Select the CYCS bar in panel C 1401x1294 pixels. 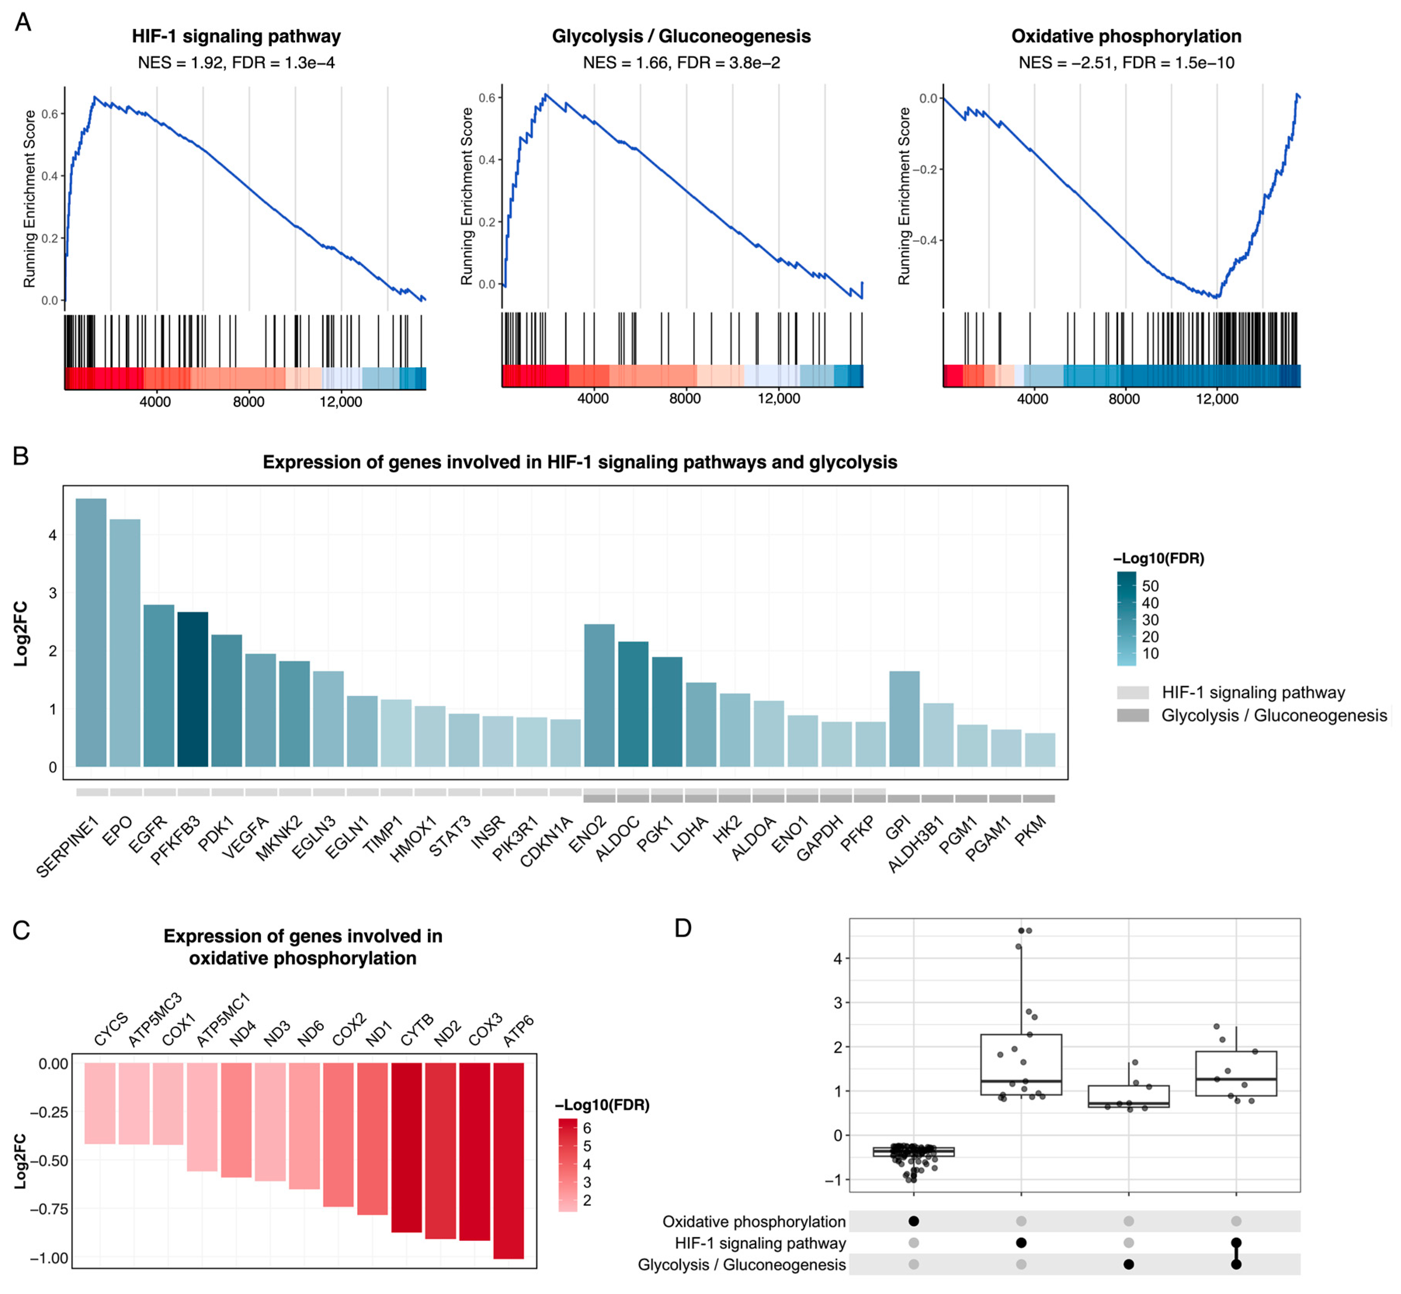[99, 1103]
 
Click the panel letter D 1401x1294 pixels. [682, 928]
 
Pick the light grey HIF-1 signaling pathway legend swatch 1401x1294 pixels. [1133, 692]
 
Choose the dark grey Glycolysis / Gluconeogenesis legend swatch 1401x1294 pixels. [1133, 715]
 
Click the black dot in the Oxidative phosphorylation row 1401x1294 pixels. [913, 1221]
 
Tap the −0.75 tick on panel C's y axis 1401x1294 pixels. [49, 1209]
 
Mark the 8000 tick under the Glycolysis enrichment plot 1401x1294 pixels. [684, 399]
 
